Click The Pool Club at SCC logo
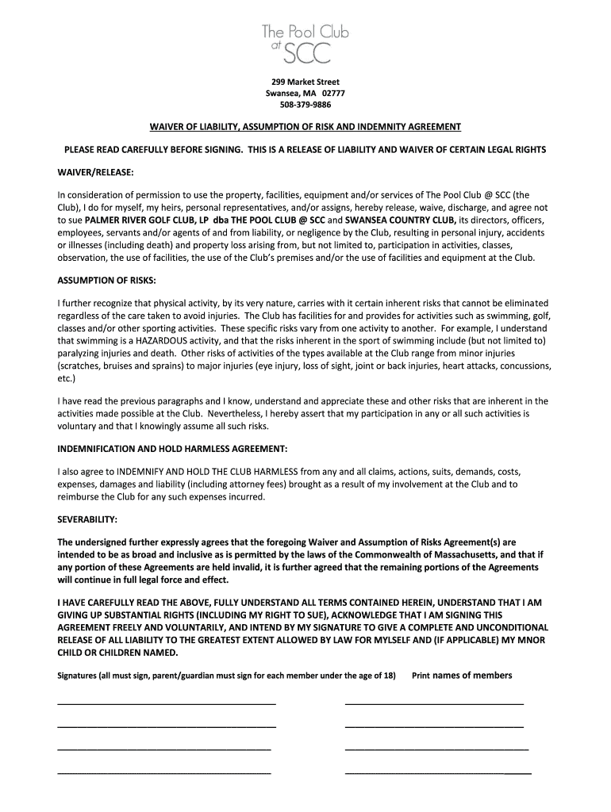305,43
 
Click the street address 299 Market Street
305,82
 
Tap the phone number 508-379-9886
305,105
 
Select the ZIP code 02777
333,94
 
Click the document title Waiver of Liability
305,127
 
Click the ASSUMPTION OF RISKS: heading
106,281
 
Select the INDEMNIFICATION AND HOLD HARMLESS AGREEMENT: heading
167,449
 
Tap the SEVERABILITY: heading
87,519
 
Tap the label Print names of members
462,676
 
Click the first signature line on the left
167,703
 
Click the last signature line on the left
164,771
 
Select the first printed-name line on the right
434,703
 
